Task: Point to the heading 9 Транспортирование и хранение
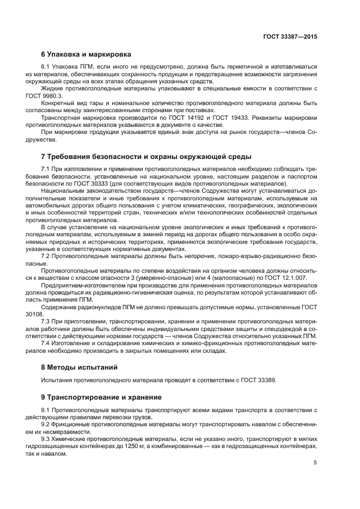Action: (x=101, y=397)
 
